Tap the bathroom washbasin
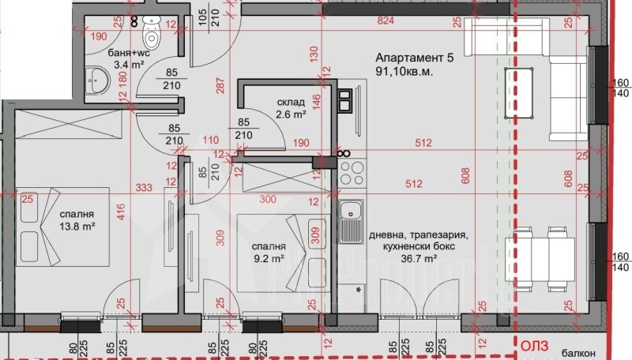96,81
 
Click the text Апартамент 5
414,58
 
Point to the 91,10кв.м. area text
404,71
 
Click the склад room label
291,103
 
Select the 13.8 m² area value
77,227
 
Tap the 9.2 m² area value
269,258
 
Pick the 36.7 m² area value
419,258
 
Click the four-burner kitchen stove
352,173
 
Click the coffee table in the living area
519,93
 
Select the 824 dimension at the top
386,21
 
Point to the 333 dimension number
144,187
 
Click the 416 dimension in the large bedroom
122,212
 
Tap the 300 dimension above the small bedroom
268,198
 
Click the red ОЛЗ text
535,346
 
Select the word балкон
580,353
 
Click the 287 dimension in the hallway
220,85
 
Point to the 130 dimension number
314,54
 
